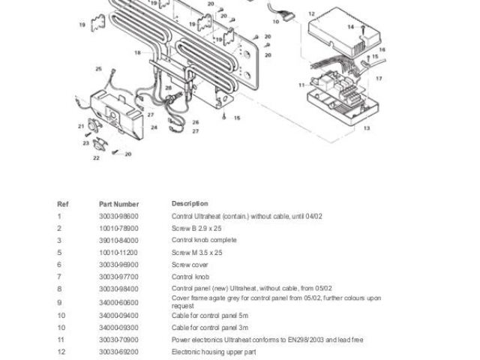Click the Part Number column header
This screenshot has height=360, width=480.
click(118, 204)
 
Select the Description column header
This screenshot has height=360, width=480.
click(190, 204)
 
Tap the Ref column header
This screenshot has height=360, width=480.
click(62, 204)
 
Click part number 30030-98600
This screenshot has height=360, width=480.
click(118, 216)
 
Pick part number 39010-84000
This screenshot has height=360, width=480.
click(118, 240)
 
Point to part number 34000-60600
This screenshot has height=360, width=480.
click(118, 301)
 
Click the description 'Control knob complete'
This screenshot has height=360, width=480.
click(204, 240)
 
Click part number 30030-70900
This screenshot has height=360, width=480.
click(118, 340)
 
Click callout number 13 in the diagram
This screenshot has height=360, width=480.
click(367, 128)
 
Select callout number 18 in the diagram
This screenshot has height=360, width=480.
click(137, 52)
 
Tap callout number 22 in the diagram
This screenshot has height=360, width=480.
click(96, 158)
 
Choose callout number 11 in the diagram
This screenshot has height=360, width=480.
click(300, 85)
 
